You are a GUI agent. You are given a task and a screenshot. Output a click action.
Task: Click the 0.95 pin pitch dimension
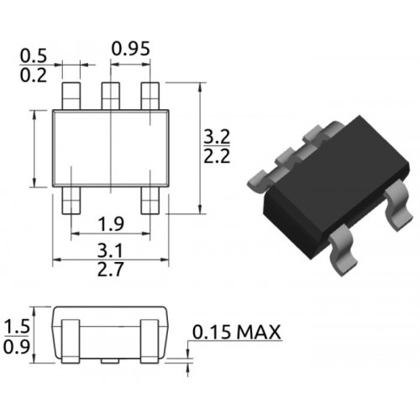131,49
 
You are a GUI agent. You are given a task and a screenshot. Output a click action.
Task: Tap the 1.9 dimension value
111,223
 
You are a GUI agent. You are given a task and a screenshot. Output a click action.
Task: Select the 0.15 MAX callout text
237,333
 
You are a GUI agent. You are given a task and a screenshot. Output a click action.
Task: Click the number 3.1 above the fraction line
110,250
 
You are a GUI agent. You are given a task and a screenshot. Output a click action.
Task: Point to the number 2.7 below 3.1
110,270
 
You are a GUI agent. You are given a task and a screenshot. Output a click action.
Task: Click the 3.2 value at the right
217,137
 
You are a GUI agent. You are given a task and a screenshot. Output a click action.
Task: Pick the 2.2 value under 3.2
217,156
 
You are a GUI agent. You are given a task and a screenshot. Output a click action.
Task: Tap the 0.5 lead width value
34,56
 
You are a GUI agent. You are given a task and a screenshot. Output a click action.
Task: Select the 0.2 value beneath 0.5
34,76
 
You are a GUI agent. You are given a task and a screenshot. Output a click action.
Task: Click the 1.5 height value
17,327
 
